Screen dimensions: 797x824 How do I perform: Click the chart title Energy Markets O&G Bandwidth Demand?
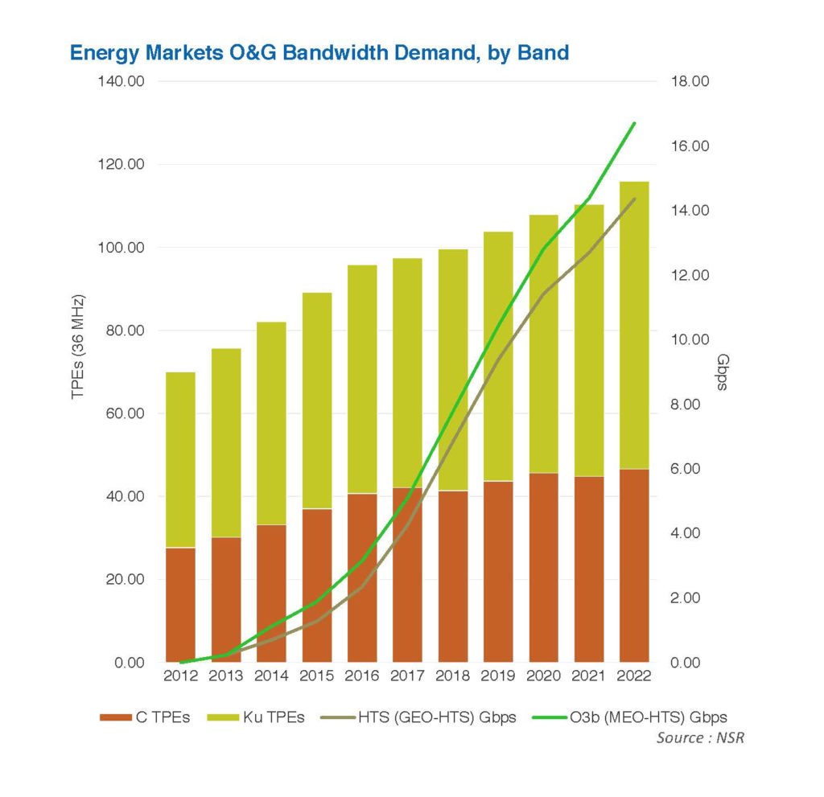(x=319, y=53)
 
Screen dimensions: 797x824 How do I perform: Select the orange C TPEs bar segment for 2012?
(x=180, y=605)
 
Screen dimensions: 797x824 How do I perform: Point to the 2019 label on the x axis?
(x=498, y=677)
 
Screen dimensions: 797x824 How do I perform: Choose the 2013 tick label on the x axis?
(x=226, y=677)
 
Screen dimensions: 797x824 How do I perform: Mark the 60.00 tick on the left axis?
(x=126, y=414)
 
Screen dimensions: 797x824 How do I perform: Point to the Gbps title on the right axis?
(x=722, y=372)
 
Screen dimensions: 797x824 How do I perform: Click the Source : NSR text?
(x=700, y=737)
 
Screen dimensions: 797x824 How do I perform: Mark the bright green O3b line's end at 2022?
(x=635, y=124)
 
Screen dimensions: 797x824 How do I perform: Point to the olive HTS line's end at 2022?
(x=635, y=199)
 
